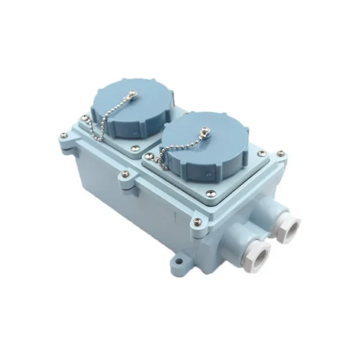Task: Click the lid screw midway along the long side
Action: (x=124, y=174)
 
